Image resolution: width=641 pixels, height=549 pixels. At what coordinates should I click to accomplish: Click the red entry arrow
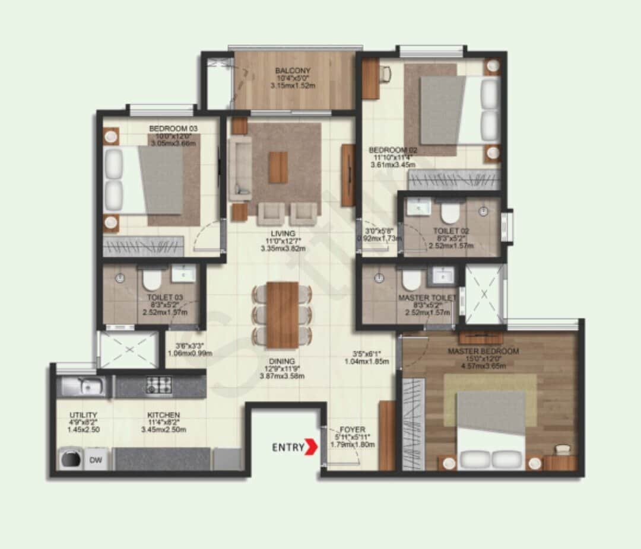310,447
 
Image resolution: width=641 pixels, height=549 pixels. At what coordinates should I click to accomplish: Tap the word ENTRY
288,447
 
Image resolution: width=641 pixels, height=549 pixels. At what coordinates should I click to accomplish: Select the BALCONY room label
293,71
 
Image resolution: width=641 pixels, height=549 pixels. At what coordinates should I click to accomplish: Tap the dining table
282,314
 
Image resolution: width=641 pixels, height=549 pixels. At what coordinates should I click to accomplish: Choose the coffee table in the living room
278,167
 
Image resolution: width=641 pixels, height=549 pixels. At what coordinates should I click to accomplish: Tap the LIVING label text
283,234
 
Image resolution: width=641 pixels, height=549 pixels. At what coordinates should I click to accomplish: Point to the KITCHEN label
164,415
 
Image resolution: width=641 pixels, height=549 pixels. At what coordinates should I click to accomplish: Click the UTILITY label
83,415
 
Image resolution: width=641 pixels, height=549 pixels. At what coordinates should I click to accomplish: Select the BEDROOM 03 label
173,128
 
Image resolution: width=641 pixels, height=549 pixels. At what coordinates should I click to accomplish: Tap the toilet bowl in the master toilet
411,278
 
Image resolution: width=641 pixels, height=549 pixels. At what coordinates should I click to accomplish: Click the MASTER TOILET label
427,298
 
